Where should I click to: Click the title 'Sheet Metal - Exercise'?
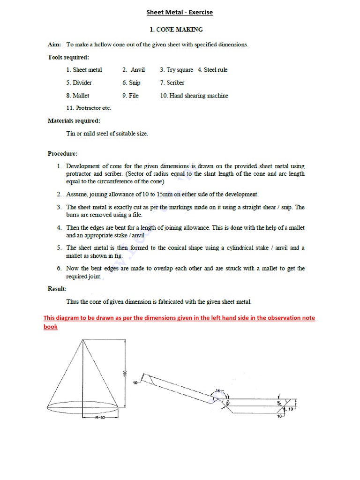(x=180, y=12)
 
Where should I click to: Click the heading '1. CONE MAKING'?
(x=176, y=30)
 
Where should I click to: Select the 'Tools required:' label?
(x=68, y=57)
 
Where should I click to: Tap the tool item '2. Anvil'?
(x=134, y=70)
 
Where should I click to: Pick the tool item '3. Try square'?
(x=176, y=70)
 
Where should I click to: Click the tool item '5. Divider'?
(x=79, y=82)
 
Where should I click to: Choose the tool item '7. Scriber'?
(x=172, y=82)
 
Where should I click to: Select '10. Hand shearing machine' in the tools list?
(x=194, y=96)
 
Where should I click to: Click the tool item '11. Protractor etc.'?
(x=89, y=108)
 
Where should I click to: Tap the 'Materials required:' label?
(x=74, y=120)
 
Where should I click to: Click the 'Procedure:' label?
(x=62, y=153)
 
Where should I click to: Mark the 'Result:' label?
(x=57, y=289)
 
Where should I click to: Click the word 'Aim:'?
(x=55, y=45)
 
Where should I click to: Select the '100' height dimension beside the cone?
(x=125, y=372)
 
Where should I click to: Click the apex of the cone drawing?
(x=83, y=340)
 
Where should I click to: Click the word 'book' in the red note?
(x=51, y=327)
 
